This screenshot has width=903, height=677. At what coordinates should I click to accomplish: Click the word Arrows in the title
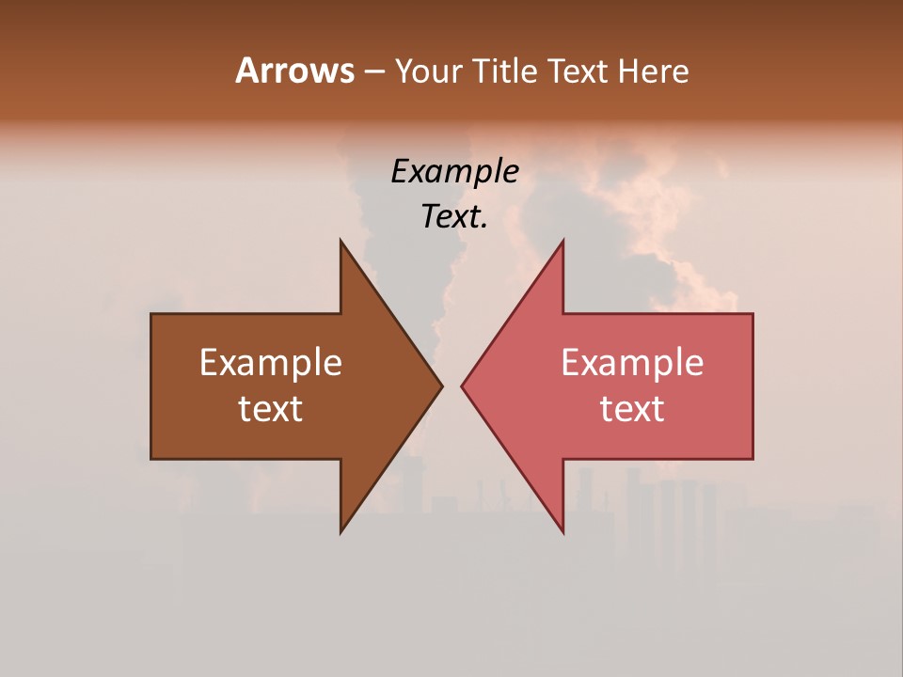coord(294,71)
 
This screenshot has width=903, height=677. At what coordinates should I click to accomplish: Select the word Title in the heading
coord(508,71)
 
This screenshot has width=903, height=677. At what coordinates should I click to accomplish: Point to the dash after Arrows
coord(373,72)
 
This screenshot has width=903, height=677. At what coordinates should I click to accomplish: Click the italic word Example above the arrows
coord(454,172)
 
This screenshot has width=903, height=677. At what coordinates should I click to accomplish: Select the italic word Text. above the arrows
coord(454,217)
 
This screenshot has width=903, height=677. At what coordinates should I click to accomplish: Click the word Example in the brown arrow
coord(271,363)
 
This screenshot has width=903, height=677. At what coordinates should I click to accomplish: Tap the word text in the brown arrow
coord(271,409)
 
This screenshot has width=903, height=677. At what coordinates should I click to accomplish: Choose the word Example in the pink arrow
coord(632,363)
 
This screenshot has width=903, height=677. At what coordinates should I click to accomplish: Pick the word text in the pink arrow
coord(632,409)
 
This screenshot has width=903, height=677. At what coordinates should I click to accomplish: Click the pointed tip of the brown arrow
coord(441,386)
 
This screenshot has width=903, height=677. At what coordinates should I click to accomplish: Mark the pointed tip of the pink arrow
coord(462,386)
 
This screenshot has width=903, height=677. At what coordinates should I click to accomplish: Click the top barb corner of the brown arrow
coord(341,242)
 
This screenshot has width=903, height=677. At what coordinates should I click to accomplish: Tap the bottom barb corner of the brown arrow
coord(341,531)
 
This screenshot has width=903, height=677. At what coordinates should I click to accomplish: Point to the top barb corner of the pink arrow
coord(562,242)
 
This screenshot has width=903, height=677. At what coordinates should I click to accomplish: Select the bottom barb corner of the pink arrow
coord(562,531)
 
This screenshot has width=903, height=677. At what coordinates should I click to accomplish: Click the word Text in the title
coord(578,71)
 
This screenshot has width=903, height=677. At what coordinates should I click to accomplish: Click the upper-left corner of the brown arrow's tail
coord(151,314)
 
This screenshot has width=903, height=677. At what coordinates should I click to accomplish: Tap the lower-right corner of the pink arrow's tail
coord(752,458)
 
